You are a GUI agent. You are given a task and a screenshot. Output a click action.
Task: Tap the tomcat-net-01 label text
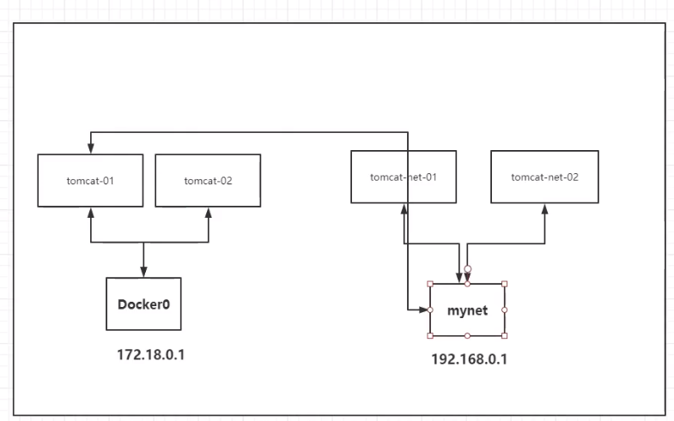tap(404, 177)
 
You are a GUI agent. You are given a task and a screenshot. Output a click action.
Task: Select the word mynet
tap(467, 310)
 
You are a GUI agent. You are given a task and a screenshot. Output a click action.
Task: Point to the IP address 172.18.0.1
tap(151, 355)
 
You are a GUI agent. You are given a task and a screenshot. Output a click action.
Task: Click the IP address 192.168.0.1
tap(470, 359)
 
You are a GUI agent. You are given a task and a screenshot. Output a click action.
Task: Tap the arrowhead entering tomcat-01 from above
tap(91, 148)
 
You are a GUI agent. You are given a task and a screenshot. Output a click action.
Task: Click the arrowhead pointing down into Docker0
tap(143, 272)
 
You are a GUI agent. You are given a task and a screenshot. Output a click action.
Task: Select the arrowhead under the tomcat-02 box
tap(209, 213)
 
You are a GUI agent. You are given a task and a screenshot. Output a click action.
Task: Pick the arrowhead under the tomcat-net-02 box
tap(544, 209)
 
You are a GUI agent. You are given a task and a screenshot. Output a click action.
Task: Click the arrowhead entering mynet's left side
tap(425, 310)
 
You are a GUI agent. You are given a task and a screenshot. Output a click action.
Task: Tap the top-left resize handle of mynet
tap(430, 284)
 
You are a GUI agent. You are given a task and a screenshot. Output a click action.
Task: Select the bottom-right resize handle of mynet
tap(505, 335)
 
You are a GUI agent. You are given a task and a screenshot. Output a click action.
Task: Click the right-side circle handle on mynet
tap(505, 310)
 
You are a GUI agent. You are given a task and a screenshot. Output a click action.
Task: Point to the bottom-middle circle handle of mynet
tap(467, 335)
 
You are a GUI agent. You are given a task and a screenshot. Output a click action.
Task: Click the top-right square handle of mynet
tap(505, 284)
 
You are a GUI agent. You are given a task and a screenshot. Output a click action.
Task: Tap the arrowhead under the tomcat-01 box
tap(91, 213)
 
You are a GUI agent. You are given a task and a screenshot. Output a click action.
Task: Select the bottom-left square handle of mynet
tap(430, 335)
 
